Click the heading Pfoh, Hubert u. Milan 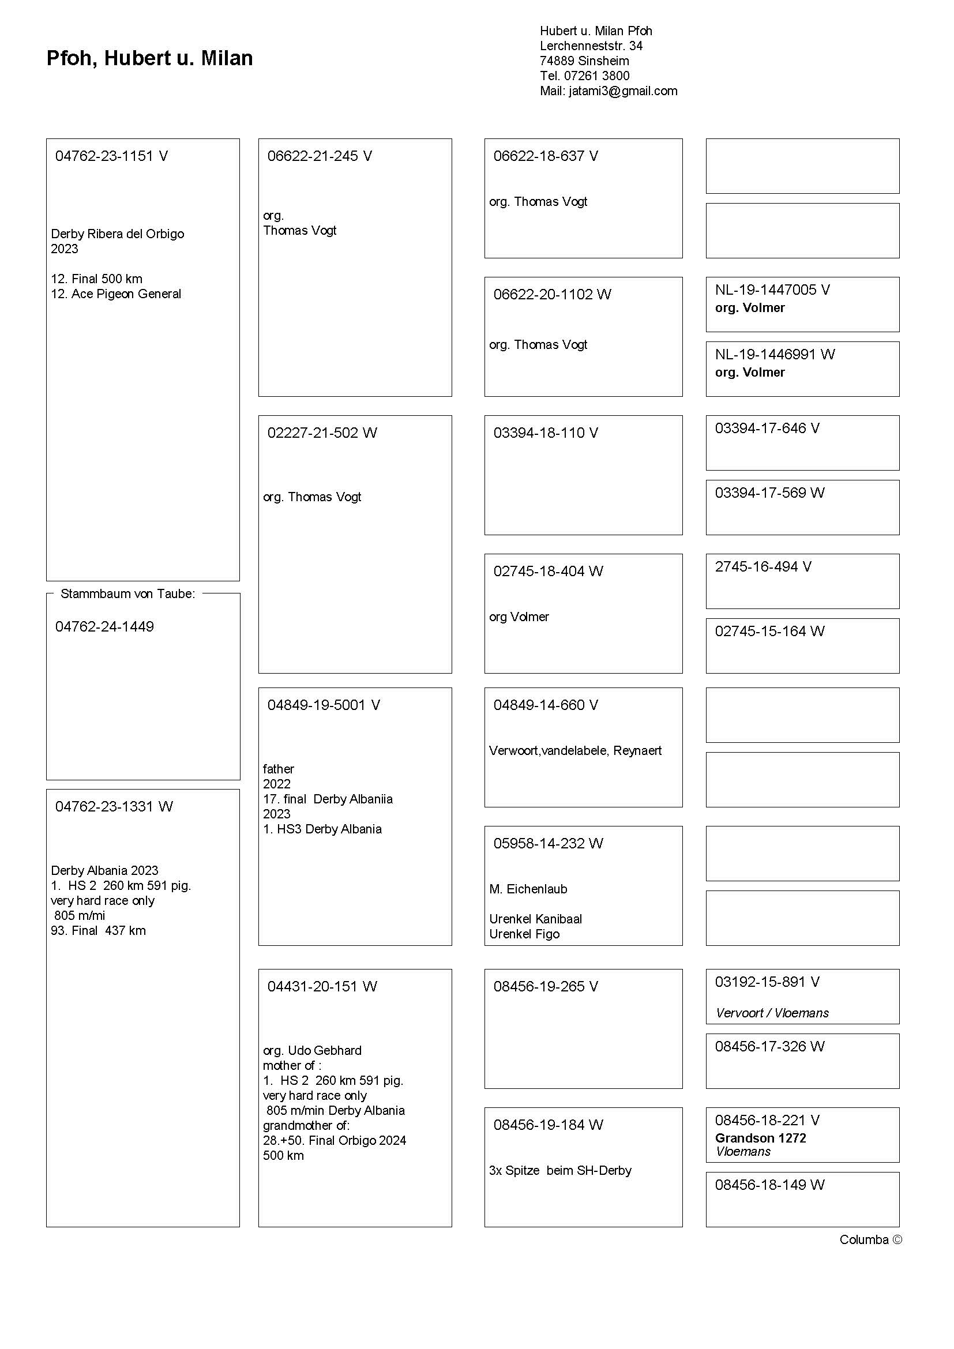[149, 58]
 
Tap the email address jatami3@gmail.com [623, 91]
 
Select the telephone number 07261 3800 [596, 76]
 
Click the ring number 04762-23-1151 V [112, 156]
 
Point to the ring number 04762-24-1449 [104, 627]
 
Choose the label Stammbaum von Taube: [127, 594]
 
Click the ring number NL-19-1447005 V [772, 290]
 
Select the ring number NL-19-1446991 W [774, 354]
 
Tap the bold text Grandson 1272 [760, 1138]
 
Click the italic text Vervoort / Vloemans [771, 1013]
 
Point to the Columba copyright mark [870, 1240]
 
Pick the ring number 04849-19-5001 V [324, 705]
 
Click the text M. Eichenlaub [528, 889]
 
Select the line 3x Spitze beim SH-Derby [560, 1170]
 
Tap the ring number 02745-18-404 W [548, 572]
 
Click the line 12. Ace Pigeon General [116, 294]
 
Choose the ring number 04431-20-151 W [322, 986]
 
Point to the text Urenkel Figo [524, 934]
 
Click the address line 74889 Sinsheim [584, 61]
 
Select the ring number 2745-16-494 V [763, 567]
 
